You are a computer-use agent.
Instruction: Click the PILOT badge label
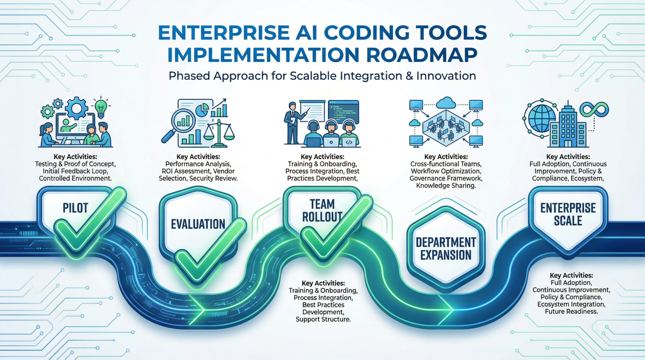[x=75, y=208]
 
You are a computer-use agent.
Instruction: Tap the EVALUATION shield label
[x=198, y=224]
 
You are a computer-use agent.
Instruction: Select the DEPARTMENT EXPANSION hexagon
[x=446, y=249]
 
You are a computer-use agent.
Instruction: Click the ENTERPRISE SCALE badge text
[x=568, y=214]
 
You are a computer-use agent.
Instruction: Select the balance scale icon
[x=219, y=132]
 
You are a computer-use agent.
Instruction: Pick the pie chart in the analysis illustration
[x=202, y=110]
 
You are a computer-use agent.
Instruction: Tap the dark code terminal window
[x=343, y=112]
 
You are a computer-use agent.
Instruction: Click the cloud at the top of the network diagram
[x=446, y=103]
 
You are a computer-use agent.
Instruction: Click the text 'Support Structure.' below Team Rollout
[x=323, y=319]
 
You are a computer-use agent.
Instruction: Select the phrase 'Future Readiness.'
[x=571, y=311]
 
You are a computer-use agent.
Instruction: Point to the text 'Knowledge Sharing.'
[x=446, y=186]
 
